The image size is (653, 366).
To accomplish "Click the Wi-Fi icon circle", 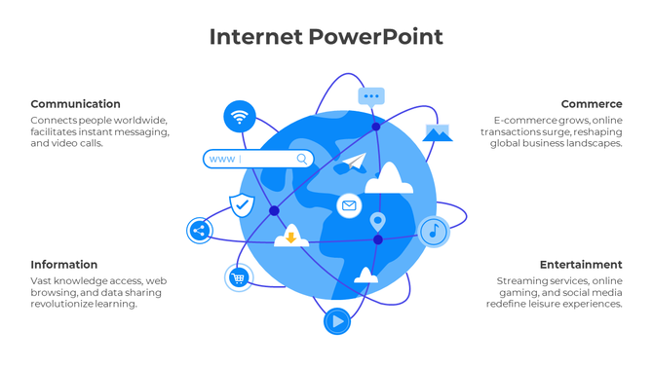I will click(240, 117).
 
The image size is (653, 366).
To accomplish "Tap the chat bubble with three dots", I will click(371, 96).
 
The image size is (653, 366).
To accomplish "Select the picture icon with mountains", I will click(437, 132).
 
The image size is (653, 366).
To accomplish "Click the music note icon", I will click(434, 232).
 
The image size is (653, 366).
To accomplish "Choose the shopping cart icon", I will click(239, 277).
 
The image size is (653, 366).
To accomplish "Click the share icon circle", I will click(199, 231).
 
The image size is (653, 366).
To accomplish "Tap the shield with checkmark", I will click(242, 205).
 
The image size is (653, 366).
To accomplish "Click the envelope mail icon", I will click(349, 205).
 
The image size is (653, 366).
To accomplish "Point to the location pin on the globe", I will click(378, 222).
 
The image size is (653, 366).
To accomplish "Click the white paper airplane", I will click(354, 162).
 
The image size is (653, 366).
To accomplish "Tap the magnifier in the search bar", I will click(302, 159).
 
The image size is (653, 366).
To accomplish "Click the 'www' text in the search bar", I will click(221, 159).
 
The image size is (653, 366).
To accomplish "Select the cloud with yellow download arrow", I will click(290, 237).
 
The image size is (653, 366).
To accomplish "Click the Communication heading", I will click(75, 104).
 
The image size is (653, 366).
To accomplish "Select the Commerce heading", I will click(591, 104).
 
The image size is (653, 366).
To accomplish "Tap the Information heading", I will click(63, 265).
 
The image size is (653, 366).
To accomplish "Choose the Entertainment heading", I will click(581, 265).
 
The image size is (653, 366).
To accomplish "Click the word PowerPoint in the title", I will click(376, 37).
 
